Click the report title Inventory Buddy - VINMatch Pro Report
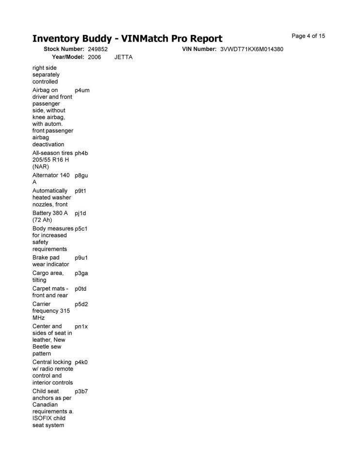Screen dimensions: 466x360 pos(127,38)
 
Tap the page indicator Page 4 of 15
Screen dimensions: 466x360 pos(308,36)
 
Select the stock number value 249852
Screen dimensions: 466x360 pos(98,50)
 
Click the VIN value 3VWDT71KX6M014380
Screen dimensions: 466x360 pos(251,50)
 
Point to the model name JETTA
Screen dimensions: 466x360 pos(123,57)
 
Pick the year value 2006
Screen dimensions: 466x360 pos(95,57)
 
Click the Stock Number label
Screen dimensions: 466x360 pos(64,50)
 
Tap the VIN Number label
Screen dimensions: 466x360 pos(199,50)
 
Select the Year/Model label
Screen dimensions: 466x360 pos(68,57)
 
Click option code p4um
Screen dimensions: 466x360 pos(82,90)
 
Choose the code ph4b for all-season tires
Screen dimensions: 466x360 pos(82,153)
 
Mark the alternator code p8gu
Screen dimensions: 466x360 pos(82,175)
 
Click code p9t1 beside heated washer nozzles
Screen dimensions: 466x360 pos(81,191)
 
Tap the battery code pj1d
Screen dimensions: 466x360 pos(81,213)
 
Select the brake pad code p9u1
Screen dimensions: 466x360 pos(81,258)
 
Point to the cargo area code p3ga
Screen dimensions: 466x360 pos(82,273)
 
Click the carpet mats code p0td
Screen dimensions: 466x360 pos(81,289)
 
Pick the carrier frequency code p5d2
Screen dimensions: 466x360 pos(82,304)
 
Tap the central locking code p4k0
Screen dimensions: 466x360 pos(82,362)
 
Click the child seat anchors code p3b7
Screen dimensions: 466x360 pos(82,391)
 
